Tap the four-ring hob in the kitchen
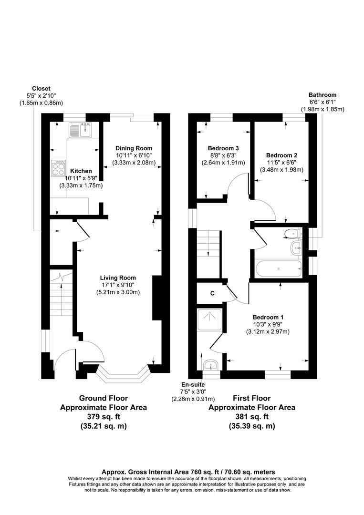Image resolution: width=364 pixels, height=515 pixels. (59, 167)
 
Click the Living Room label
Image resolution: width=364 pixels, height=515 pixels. (118, 278)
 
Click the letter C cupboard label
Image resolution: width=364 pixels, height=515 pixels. (213, 293)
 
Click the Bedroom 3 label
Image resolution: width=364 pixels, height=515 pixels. (223, 148)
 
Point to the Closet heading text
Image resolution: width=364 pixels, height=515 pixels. (41, 88)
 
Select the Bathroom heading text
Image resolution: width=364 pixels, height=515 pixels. (322, 95)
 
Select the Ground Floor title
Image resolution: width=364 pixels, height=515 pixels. (103, 398)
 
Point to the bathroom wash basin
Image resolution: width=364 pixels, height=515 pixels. (296, 247)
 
